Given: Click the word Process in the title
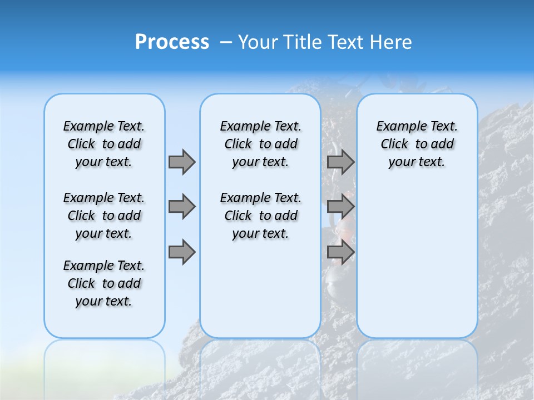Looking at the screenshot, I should tap(172, 42).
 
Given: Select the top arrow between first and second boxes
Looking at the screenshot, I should tap(181, 162).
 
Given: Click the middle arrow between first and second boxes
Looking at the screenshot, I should tap(181, 207).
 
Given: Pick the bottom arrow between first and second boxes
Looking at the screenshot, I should tap(181, 252).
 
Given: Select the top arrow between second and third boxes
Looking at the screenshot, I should tap(340, 162).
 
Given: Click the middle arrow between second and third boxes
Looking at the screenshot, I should tap(340, 207).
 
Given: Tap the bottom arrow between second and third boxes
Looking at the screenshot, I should tap(340, 252).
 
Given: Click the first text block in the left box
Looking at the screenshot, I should tap(104, 144).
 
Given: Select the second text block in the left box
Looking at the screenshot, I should tap(104, 216).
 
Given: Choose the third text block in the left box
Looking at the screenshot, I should tap(104, 283).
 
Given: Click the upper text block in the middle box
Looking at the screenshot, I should tap(260, 144).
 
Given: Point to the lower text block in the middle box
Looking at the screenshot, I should tap(260, 216).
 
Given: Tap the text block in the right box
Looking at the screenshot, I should tap(417, 144).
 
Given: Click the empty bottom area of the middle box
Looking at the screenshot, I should tap(260, 294).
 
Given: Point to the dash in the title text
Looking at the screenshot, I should tap(226, 42).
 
